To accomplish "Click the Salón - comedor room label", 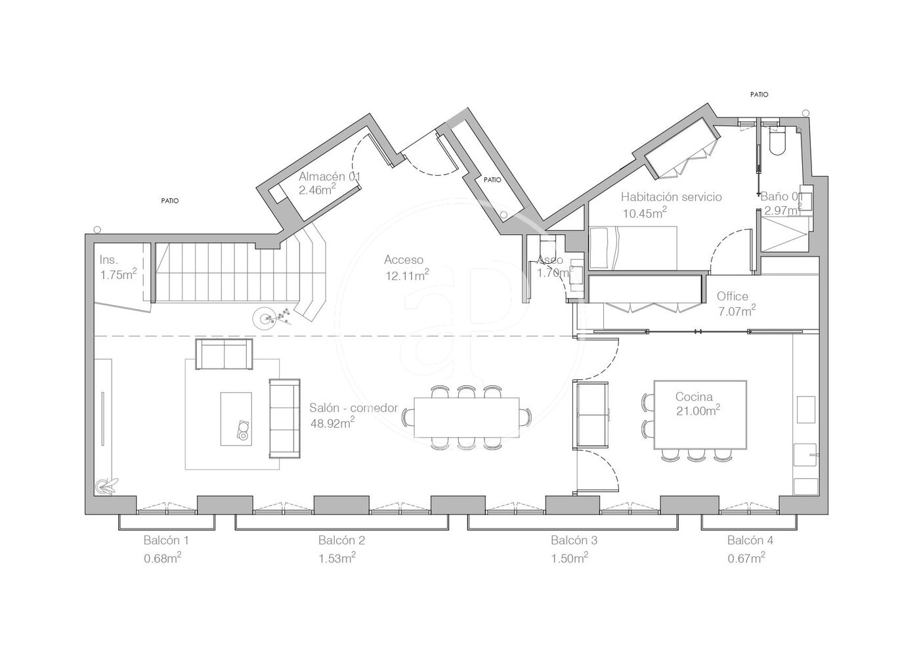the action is pyautogui.click(x=354, y=408).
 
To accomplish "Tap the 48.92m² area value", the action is pyautogui.click(x=332, y=423).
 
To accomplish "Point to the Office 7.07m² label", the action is pyautogui.click(x=737, y=304).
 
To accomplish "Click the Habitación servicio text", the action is pyautogui.click(x=671, y=197).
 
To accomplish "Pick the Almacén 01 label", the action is pyautogui.click(x=330, y=177).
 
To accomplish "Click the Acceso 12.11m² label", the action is pyautogui.click(x=406, y=268).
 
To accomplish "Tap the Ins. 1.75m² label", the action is pyautogui.click(x=118, y=267).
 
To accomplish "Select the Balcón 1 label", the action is pyautogui.click(x=166, y=540).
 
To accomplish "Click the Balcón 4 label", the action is pyautogui.click(x=750, y=540).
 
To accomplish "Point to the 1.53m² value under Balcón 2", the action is pyautogui.click(x=337, y=558).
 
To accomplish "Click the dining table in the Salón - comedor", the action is pyautogui.click(x=467, y=417).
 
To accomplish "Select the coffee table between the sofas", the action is pyautogui.click(x=236, y=419).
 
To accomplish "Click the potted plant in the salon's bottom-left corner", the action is pyautogui.click(x=106, y=486).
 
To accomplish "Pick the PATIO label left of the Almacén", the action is pyautogui.click(x=170, y=201).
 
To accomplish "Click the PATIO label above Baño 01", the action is pyautogui.click(x=759, y=94).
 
